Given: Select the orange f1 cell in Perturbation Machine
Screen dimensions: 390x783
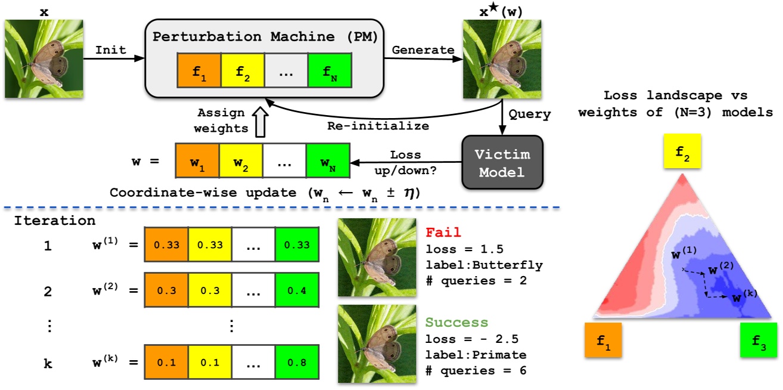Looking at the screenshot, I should pyautogui.click(x=198, y=70).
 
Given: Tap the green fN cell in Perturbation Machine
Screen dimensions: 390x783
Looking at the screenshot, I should pyautogui.click(x=331, y=70).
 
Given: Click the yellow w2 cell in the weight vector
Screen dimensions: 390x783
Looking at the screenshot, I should pyautogui.click(x=241, y=160).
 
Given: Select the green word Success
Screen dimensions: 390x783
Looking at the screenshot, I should pyautogui.click(x=456, y=323).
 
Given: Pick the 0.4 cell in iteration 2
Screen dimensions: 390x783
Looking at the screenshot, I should pyautogui.click(x=296, y=292).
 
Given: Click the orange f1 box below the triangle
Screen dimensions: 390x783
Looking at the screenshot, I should pyautogui.click(x=604, y=341).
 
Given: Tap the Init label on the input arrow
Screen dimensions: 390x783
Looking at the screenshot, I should pyautogui.click(x=111, y=50).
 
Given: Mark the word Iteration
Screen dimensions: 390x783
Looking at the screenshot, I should pyautogui.click(x=54, y=221).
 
